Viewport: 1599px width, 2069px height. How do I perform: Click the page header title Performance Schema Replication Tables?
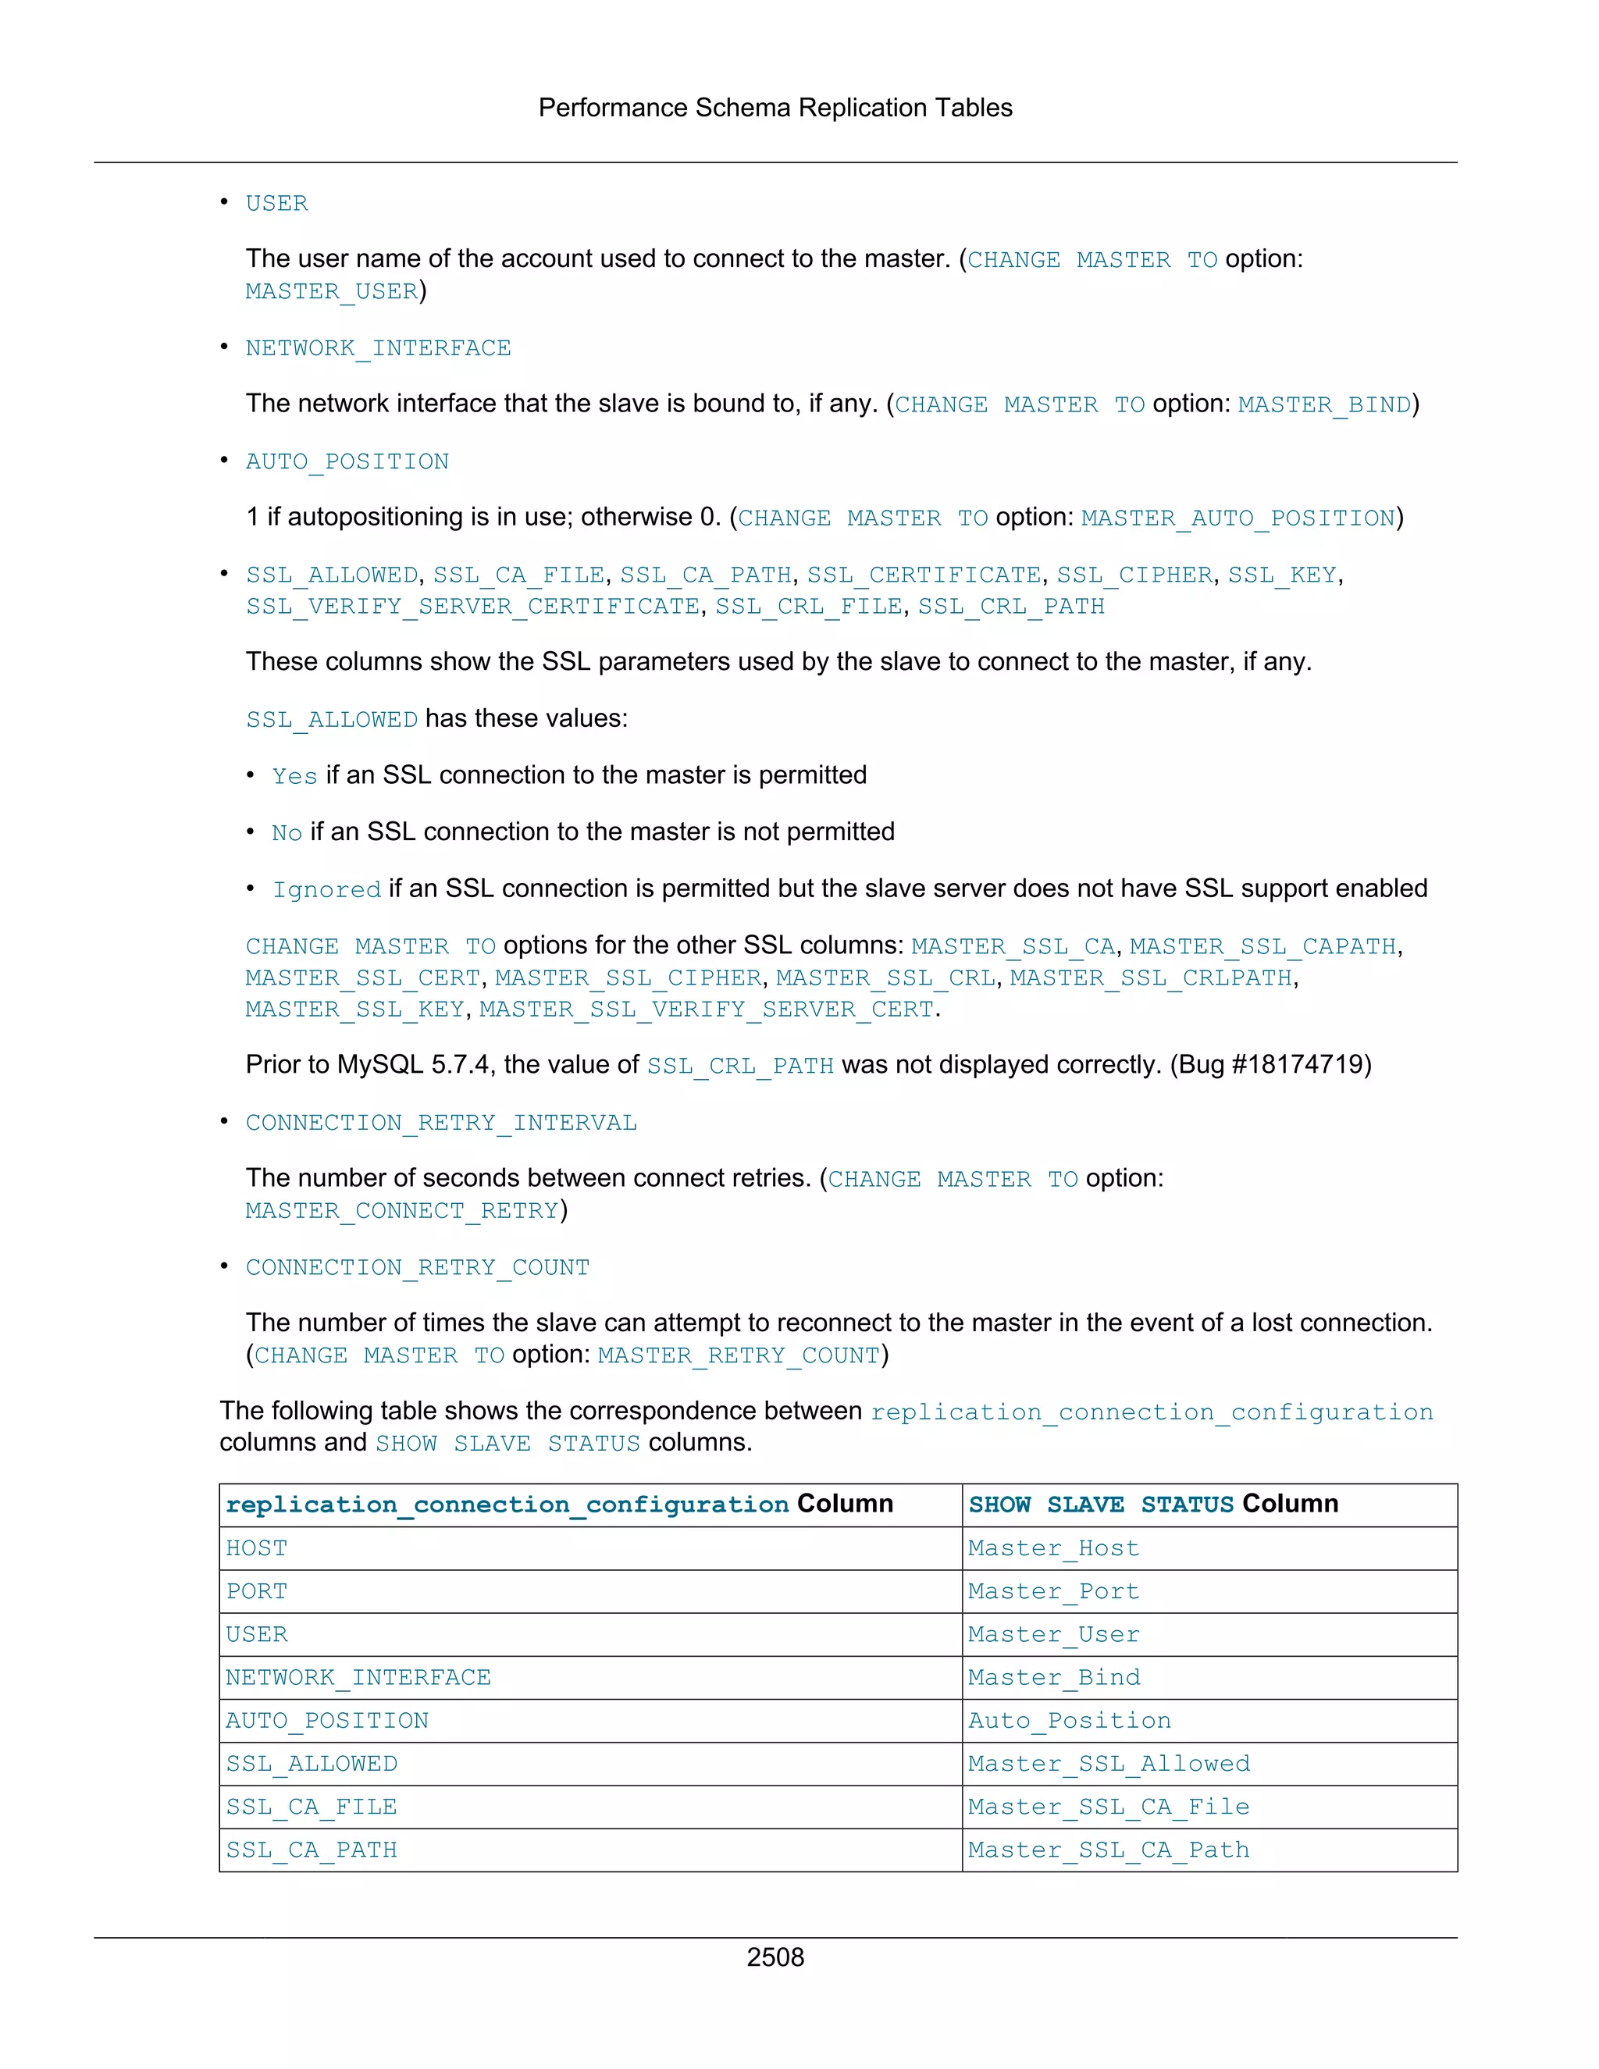(x=775, y=108)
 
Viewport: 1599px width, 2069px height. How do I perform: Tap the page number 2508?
(x=775, y=1957)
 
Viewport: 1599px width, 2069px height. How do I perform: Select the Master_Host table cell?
(x=1053, y=1548)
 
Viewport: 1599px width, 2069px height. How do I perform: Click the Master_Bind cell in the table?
(x=1053, y=1677)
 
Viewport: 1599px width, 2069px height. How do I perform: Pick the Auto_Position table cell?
(x=1069, y=1720)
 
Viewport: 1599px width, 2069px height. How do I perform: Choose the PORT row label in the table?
(x=257, y=1590)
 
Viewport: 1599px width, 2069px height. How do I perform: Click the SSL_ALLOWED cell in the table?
(x=312, y=1763)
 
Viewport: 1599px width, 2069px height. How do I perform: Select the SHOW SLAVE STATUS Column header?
(x=1153, y=1505)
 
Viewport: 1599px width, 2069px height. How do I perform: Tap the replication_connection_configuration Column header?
(x=559, y=1505)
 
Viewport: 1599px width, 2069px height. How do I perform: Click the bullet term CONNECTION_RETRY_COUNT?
(x=418, y=1266)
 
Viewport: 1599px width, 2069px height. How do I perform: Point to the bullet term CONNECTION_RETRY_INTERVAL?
(x=441, y=1123)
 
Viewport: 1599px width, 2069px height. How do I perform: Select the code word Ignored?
(x=327, y=889)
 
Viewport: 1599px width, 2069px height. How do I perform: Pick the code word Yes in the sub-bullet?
(x=294, y=776)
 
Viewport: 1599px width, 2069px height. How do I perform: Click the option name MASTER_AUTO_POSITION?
(x=1238, y=518)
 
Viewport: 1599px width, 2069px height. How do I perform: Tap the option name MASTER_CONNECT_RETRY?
(x=401, y=1211)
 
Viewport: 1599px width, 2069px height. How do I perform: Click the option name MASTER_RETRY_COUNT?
(x=739, y=1355)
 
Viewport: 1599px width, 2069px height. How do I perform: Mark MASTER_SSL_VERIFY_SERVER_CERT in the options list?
(x=707, y=1010)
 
